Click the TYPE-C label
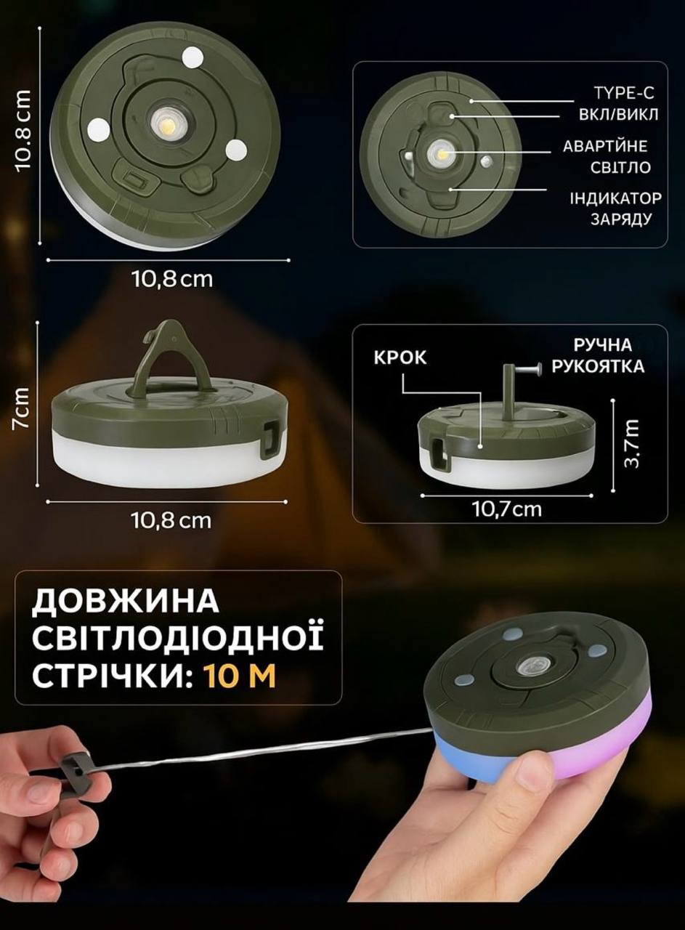click(x=623, y=92)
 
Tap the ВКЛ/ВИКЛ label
click(x=619, y=115)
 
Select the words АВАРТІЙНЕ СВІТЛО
click(x=606, y=157)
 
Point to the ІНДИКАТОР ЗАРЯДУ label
click(x=615, y=209)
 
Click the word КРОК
click(x=400, y=357)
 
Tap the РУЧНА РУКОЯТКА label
click(x=598, y=355)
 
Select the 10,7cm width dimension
click(x=507, y=509)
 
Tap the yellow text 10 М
click(x=240, y=676)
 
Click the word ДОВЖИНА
click(x=125, y=602)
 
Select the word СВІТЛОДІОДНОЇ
click(x=177, y=639)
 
